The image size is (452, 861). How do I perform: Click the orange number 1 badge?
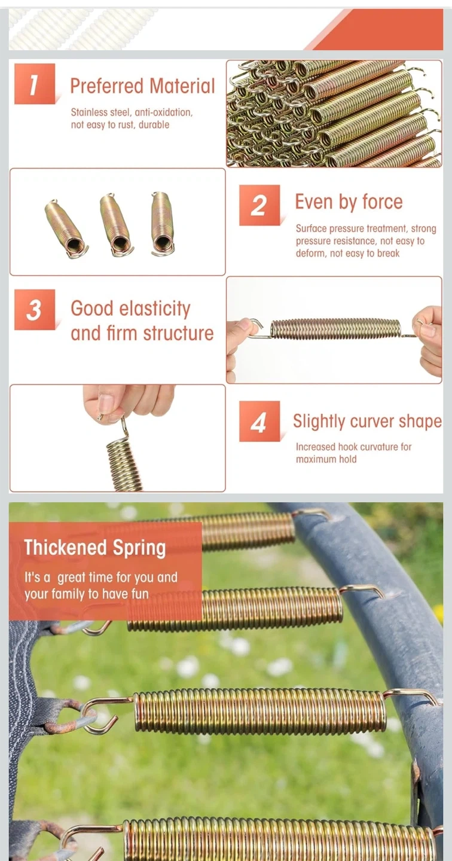pos(35,84)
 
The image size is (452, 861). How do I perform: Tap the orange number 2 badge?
pos(259,205)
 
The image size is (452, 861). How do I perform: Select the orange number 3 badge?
pos(35,310)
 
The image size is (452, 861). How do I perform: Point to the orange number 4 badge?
pos(259,422)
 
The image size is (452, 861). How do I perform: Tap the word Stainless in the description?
pos(89,112)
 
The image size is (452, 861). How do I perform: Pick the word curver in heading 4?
pos(365,422)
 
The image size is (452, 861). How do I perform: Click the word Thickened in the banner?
pos(60,547)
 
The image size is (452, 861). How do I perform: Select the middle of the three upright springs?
pos(117,224)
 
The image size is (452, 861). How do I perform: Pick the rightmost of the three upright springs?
pos(163,224)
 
